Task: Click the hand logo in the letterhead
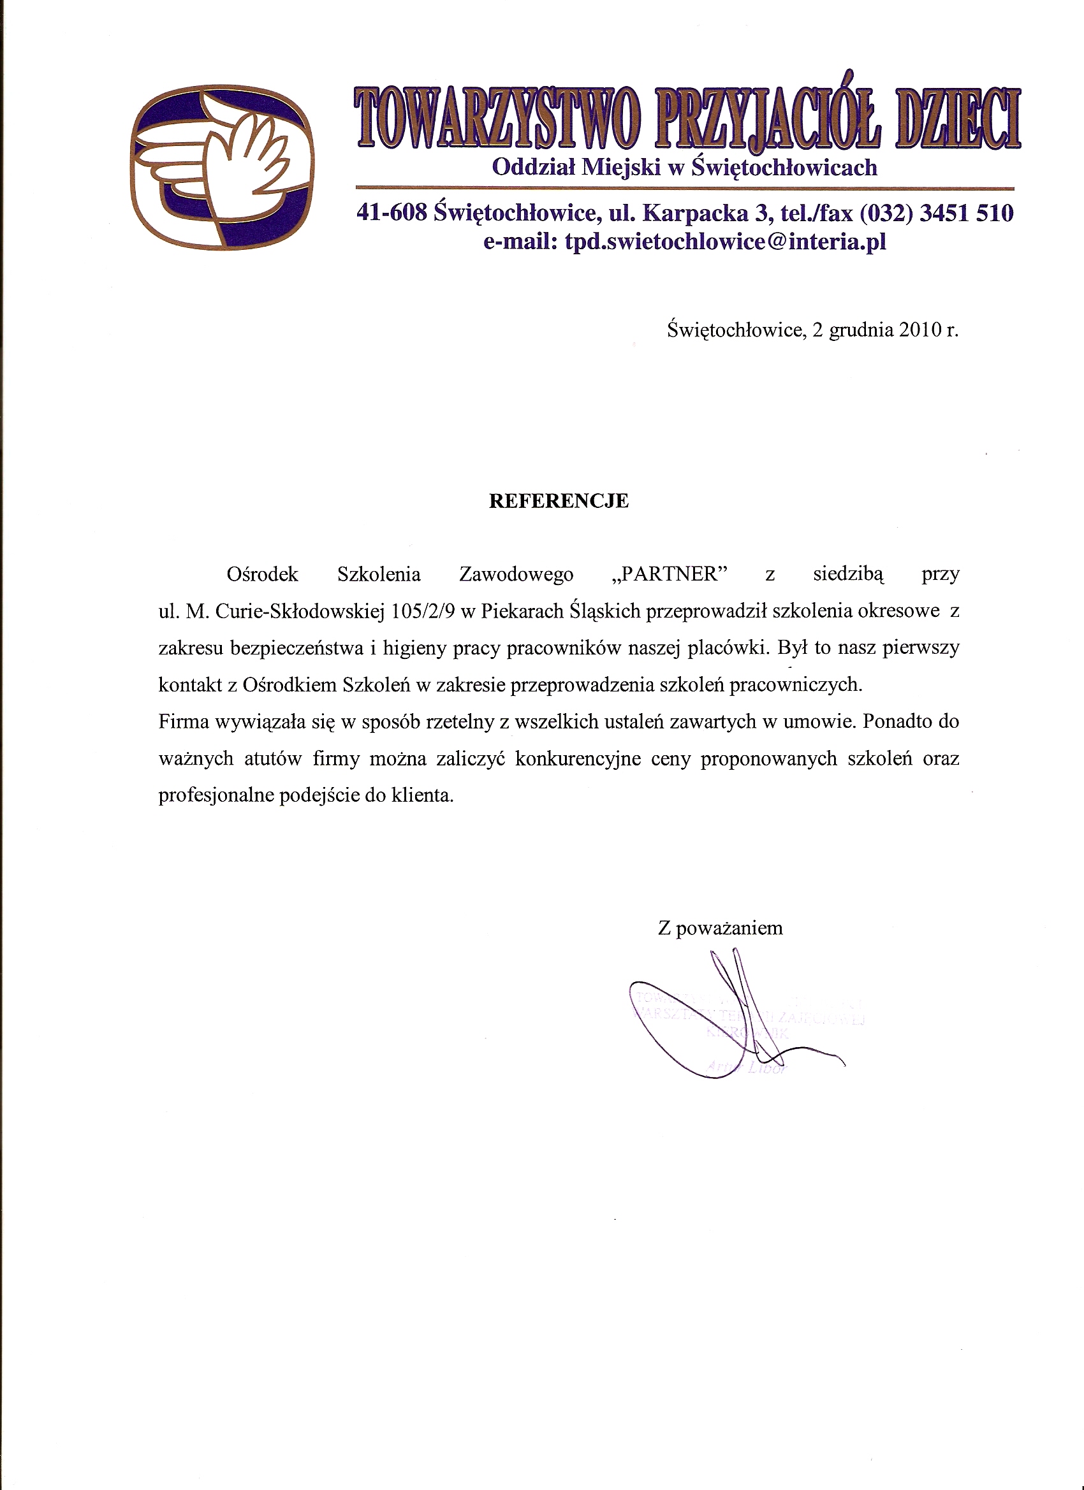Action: (x=222, y=168)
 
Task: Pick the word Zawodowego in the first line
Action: (x=516, y=574)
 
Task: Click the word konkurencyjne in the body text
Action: (x=578, y=760)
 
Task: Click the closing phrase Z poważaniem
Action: (x=721, y=929)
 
